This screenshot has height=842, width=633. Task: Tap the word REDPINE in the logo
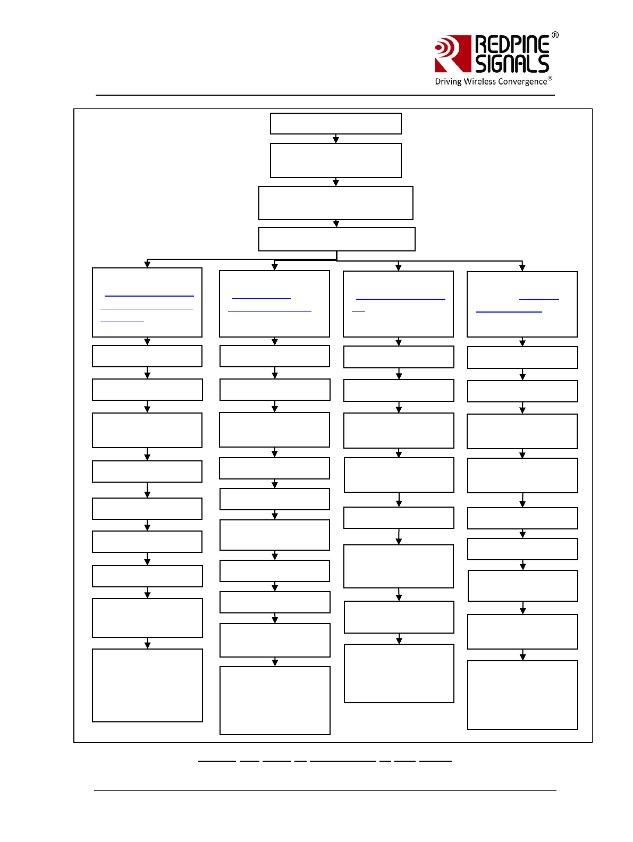(512, 44)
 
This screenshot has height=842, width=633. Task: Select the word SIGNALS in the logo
(512, 64)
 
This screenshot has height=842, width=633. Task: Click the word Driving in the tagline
(448, 82)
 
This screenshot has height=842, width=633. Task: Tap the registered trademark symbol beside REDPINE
(555, 35)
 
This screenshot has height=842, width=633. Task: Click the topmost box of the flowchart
(335, 123)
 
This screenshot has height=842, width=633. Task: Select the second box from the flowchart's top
(335, 161)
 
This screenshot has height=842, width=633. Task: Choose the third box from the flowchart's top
(335, 203)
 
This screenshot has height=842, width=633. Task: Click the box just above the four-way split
(336, 239)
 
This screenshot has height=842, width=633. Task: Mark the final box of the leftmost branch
(147, 685)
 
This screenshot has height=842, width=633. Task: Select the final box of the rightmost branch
(522, 695)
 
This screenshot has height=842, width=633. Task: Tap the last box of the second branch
(275, 701)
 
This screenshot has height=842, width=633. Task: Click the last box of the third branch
(399, 673)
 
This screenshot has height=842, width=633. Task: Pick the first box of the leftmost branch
(147, 302)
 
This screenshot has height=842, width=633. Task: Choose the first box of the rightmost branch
(522, 304)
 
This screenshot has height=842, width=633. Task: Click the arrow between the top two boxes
(336, 139)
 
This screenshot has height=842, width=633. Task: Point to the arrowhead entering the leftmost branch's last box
(148, 645)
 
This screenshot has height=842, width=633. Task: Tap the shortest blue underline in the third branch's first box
(358, 311)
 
